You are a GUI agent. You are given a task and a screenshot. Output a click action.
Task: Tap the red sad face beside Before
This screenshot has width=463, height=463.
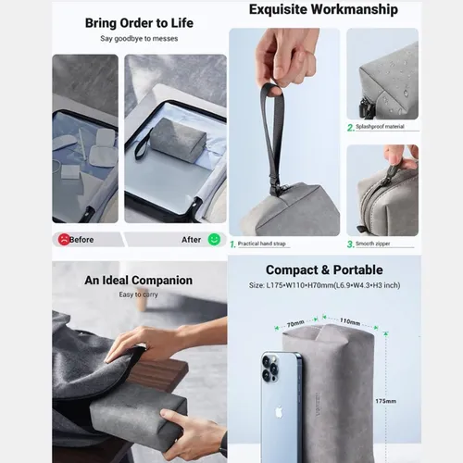click(62, 239)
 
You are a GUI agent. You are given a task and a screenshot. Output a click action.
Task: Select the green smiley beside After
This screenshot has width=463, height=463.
click(214, 239)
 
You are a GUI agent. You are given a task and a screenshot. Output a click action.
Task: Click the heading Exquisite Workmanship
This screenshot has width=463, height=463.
click(323, 10)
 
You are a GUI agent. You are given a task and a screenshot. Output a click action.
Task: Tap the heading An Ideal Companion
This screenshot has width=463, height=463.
click(139, 281)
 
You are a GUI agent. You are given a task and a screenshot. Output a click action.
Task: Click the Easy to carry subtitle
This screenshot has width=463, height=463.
click(139, 294)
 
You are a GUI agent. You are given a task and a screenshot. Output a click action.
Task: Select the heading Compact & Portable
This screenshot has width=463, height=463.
click(324, 270)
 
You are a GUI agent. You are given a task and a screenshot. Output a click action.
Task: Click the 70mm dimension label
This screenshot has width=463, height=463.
click(294, 324)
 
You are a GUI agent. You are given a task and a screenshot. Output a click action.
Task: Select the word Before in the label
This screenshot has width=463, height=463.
click(82, 239)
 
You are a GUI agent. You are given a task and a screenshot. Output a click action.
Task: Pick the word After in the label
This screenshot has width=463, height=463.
click(192, 239)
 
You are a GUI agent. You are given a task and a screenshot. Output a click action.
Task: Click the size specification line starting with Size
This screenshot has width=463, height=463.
click(324, 286)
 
